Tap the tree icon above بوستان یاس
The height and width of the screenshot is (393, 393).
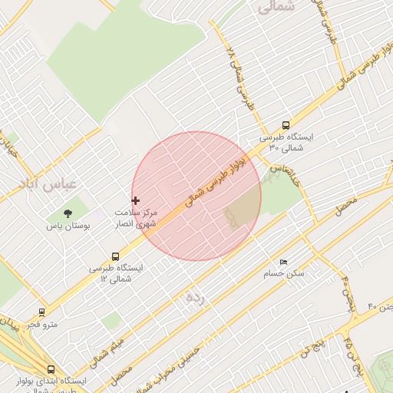[x=68, y=213]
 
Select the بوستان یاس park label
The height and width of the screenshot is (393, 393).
[x=68, y=226]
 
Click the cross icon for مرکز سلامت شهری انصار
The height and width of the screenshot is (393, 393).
[x=136, y=200]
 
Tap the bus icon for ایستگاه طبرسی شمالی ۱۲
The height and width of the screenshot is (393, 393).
[x=115, y=256]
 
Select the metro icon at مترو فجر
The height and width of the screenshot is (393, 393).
[x=41, y=312]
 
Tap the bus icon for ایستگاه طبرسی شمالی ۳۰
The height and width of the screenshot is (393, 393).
[x=286, y=125]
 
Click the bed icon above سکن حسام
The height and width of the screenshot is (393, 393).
[x=283, y=262]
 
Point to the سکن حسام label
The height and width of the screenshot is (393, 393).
[x=284, y=273]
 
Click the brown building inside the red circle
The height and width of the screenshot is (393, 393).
[x=242, y=209]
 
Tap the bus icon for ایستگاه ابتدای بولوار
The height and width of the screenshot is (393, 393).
[x=51, y=369]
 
